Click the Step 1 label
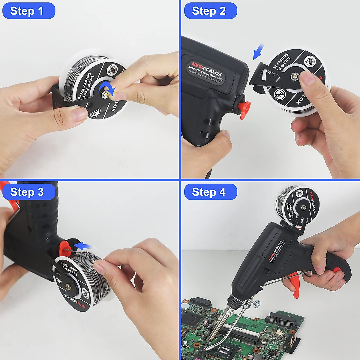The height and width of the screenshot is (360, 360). point(28,11)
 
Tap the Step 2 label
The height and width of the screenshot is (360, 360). point(210,11)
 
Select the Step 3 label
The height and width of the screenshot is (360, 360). point(28,192)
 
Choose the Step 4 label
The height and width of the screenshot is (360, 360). point(210,192)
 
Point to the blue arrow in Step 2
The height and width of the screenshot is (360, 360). point(258,52)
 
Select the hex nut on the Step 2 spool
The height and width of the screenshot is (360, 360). point(294,77)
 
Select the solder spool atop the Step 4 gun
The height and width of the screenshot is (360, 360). point(297,204)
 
